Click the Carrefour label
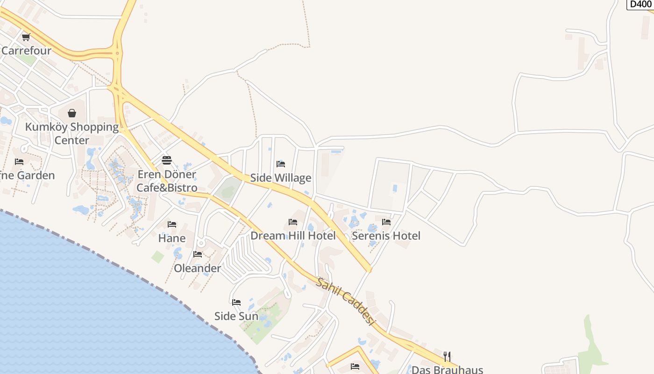coord(26,50)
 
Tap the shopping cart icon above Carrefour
coord(26,37)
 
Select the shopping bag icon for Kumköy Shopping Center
coord(72,113)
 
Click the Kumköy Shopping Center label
coord(72,134)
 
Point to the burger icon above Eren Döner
coord(167,160)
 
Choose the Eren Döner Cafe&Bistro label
coord(167,181)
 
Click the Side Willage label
coord(281,178)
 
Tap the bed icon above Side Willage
coord(281,164)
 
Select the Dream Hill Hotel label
coord(293,236)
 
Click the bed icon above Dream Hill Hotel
coord(293,222)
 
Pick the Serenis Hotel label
coord(386,236)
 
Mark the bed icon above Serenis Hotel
coord(386,222)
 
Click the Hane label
coord(172,238)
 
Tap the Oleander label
coord(197,268)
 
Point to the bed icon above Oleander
coord(198,254)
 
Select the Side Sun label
coord(236,316)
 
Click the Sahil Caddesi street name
coord(346,302)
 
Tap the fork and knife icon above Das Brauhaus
coord(447,356)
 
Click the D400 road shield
coord(640,4)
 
